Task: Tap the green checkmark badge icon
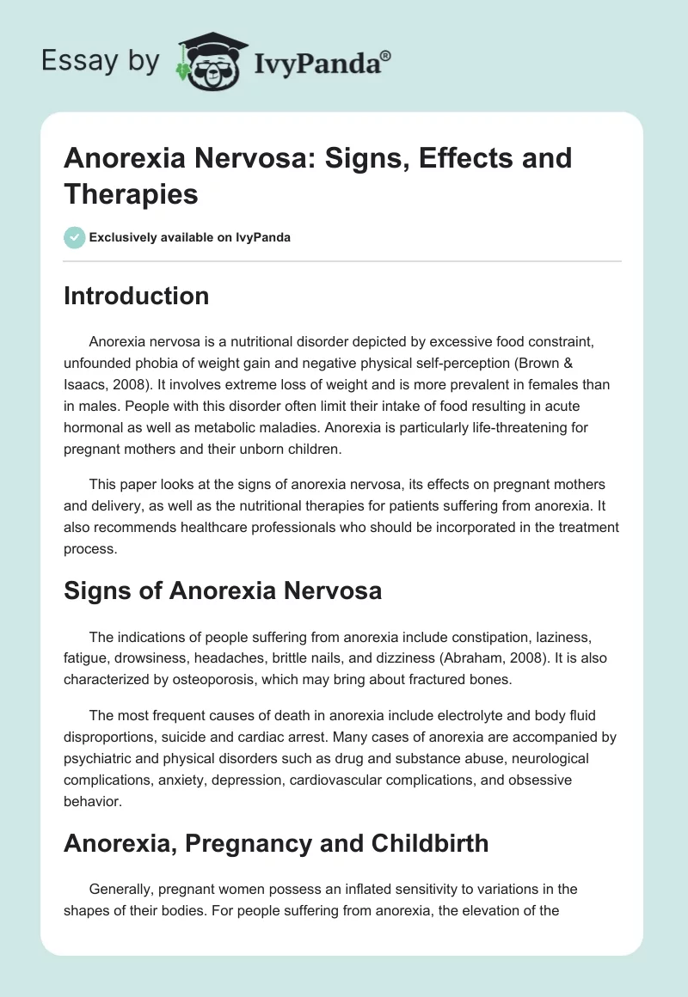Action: coord(75,237)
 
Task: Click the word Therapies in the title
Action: coord(131,193)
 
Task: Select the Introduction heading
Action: coord(136,296)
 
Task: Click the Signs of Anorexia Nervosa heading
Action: coord(223,590)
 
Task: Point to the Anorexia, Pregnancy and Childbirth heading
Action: coord(275,843)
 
